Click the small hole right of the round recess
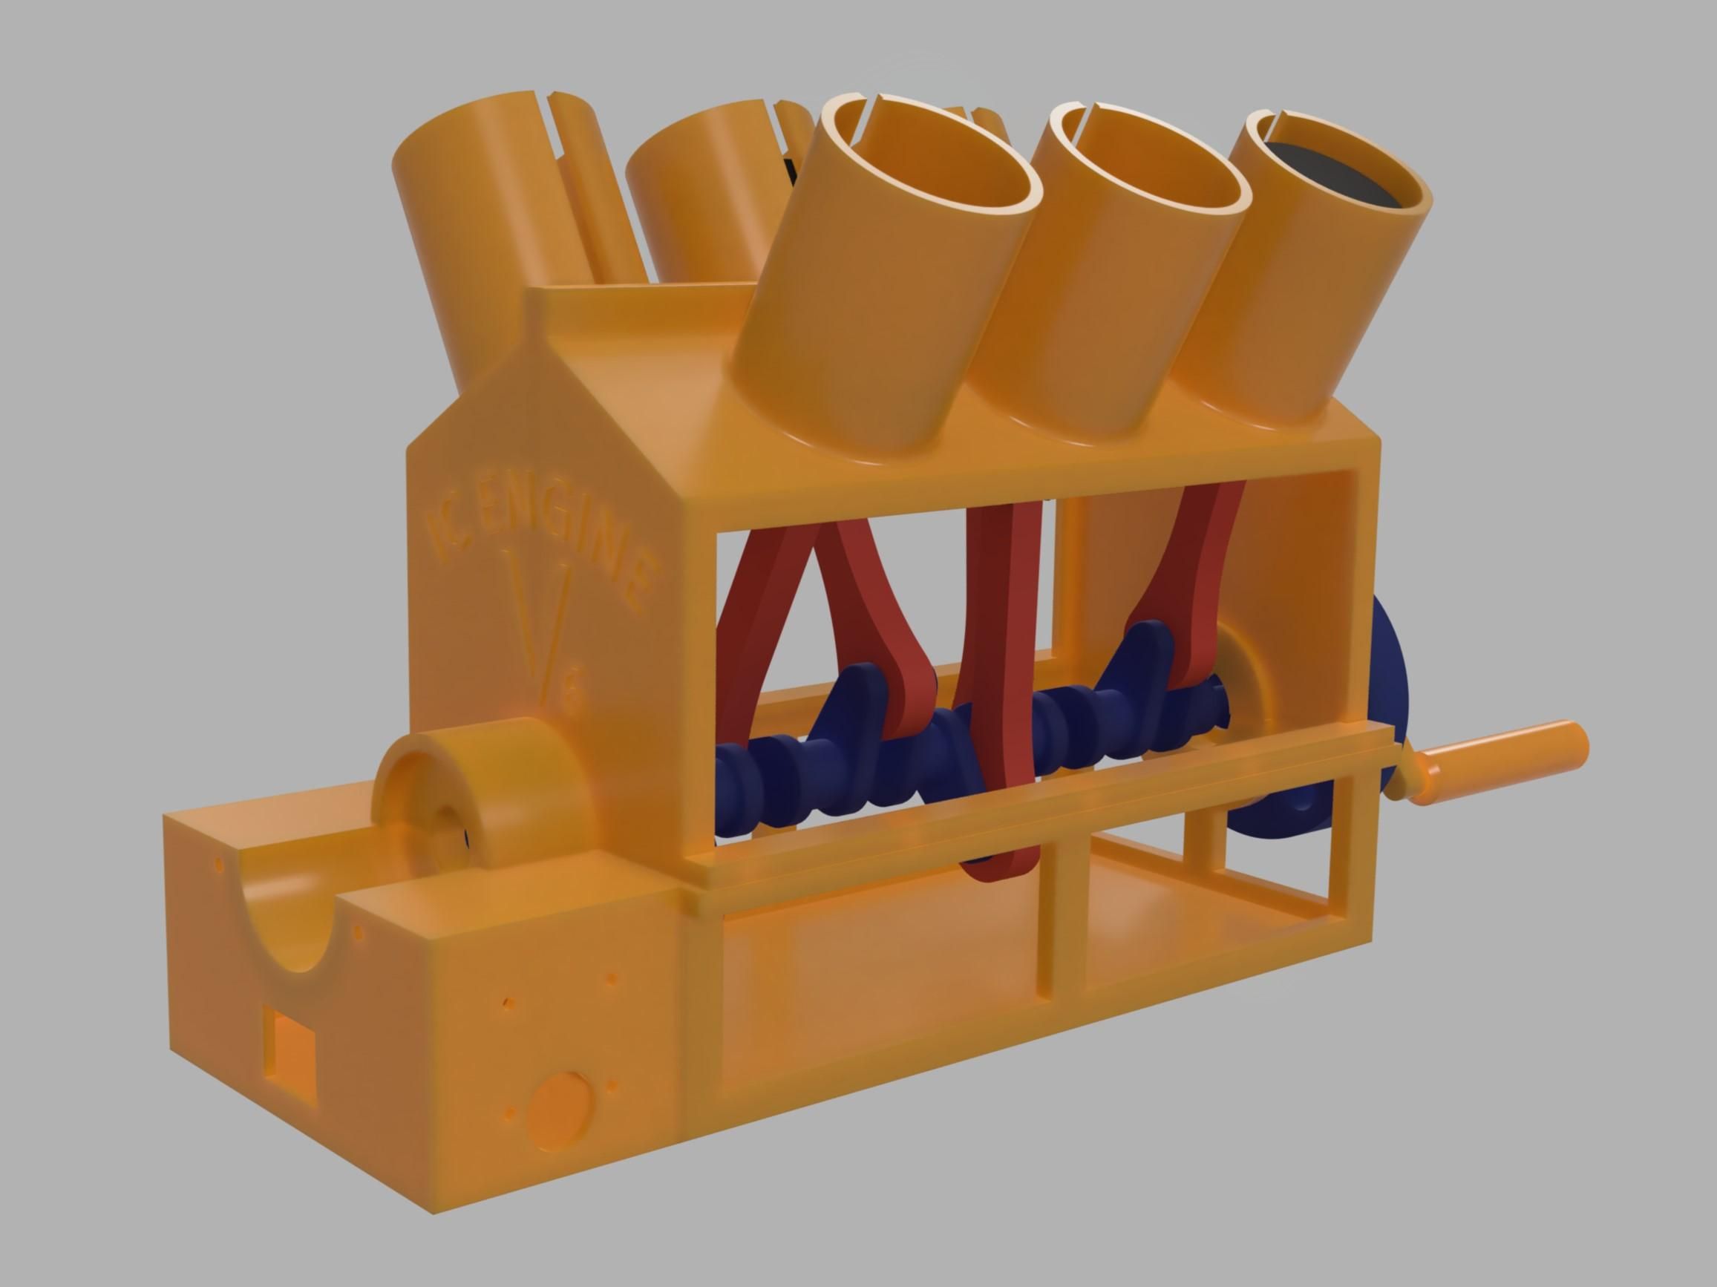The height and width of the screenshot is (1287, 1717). click(611, 1086)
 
